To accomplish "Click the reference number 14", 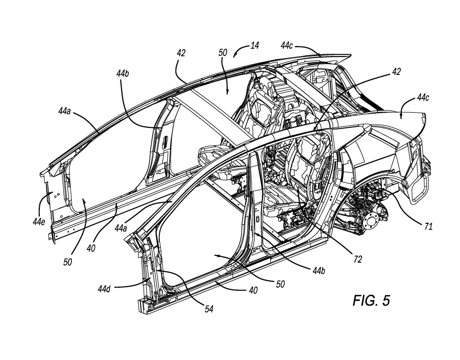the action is (255, 46).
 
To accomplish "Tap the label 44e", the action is (39, 222).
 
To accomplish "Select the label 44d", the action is (104, 289).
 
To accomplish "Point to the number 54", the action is (209, 309).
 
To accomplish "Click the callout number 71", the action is (429, 226).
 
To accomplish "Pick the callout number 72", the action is (358, 259).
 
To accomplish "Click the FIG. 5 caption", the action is (371, 300).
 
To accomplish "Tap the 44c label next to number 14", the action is (287, 46).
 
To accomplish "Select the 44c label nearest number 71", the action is (423, 97).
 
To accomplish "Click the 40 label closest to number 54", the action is (253, 290).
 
